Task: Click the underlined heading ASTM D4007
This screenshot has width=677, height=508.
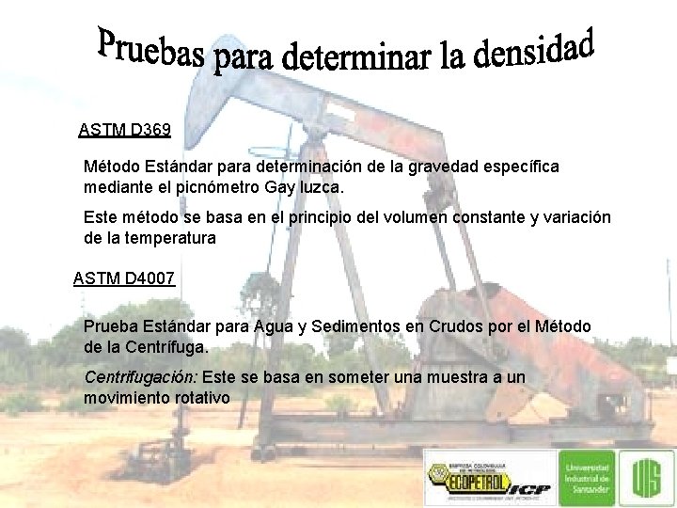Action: [123, 278]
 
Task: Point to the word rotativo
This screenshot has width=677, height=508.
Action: [199, 398]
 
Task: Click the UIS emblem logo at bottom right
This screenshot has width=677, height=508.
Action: [648, 476]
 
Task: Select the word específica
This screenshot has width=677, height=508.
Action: [515, 166]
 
